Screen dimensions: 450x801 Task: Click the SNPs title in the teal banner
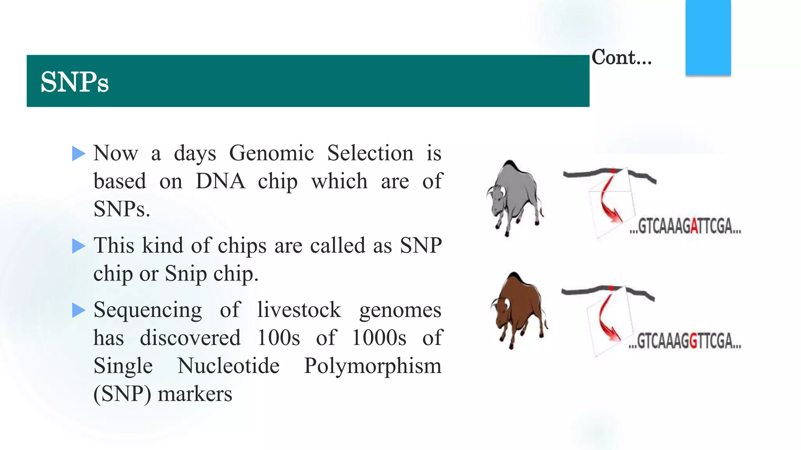tap(74, 82)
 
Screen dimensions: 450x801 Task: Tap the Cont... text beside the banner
tap(621, 57)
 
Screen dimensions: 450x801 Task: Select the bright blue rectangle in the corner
tap(708, 37)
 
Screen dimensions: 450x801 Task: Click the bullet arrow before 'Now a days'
tap(79, 154)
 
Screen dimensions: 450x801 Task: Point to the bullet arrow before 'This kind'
tap(79, 246)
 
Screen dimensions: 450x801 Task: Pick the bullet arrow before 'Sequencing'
tap(79, 311)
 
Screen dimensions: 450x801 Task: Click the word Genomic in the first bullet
tap(271, 153)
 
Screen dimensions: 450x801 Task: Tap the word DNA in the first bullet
tap(220, 181)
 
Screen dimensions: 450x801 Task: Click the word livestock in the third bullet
tap(299, 310)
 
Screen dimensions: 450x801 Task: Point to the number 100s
tap(278, 338)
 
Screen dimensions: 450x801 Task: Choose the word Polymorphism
tap(372, 366)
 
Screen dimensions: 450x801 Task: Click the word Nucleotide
tap(228, 366)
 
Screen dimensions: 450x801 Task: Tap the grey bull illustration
tap(514, 197)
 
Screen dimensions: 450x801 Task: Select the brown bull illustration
tap(518, 309)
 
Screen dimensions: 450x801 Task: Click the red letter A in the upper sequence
tap(694, 227)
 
